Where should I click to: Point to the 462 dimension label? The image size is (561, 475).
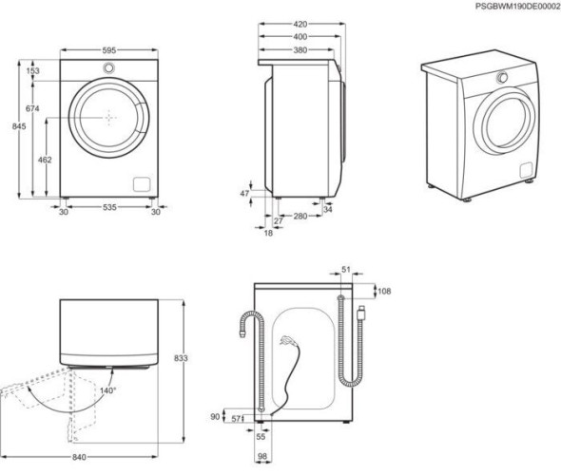pyautogui.click(x=45, y=161)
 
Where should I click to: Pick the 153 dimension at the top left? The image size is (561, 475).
pyautogui.click(x=33, y=71)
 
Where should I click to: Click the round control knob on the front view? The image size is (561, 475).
pyautogui.click(x=110, y=68)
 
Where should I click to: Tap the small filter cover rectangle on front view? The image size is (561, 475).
pyautogui.click(x=142, y=182)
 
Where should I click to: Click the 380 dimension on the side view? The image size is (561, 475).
pyautogui.click(x=299, y=50)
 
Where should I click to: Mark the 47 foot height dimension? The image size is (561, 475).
pyautogui.click(x=244, y=193)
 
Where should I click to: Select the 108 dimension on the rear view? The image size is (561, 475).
pyautogui.click(x=384, y=292)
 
